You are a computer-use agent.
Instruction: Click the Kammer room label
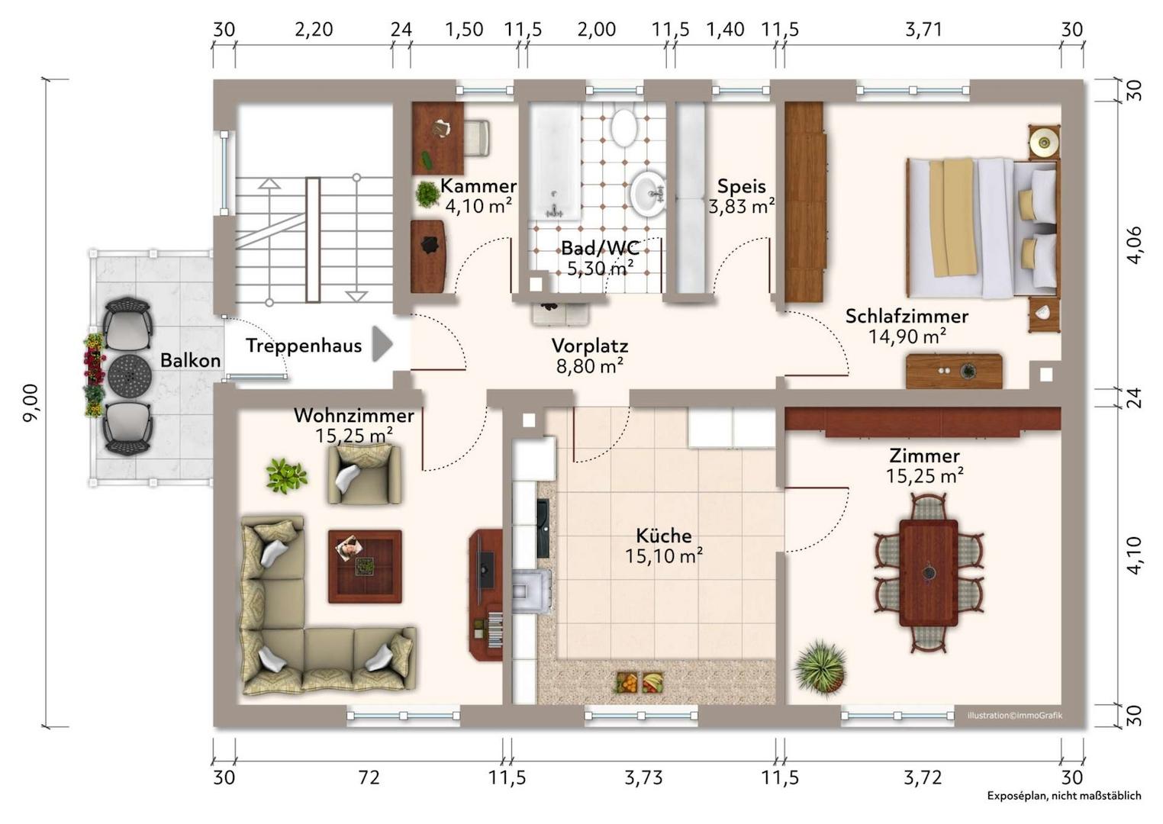click(478, 186)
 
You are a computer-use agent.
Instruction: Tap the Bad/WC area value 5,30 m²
click(600, 269)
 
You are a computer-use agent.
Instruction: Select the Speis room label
click(742, 186)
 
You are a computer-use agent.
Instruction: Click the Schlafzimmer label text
click(907, 316)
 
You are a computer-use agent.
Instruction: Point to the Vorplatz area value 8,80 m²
click(590, 366)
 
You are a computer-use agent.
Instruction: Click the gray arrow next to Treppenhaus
click(382, 344)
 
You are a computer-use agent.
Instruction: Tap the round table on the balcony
click(129, 375)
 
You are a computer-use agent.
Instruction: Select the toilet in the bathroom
click(623, 126)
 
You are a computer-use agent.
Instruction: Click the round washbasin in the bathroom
click(648, 195)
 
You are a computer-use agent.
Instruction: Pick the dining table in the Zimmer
click(929, 573)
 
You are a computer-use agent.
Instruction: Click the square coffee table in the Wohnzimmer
click(365, 566)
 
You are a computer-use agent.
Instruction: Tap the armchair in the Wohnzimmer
click(363, 475)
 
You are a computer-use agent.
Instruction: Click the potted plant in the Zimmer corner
click(820, 667)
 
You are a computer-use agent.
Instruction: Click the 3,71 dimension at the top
click(923, 30)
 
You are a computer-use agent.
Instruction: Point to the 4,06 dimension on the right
click(1135, 245)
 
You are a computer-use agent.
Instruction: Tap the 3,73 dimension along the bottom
click(643, 777)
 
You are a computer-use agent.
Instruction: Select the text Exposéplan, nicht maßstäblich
click(1064, 810)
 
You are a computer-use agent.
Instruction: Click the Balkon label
click(190, 360)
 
